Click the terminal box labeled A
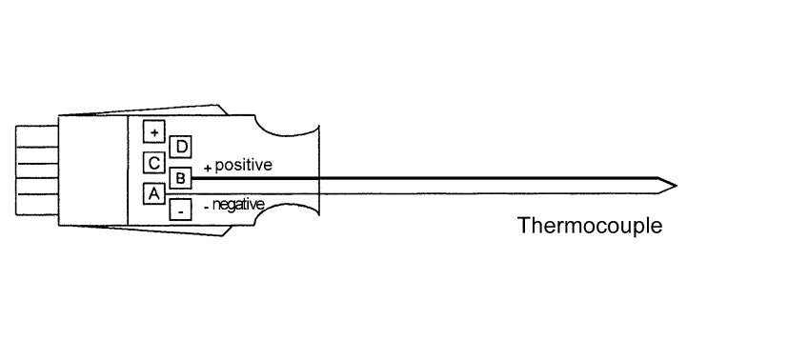(152, 193)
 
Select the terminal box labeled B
(179, 177)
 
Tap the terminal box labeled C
(152, 162)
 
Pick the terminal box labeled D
(179, 146)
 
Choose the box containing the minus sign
(179, 210)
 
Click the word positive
(243, 166)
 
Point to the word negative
(238, 204)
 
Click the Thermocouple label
(589, 227)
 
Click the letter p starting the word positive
(219, 167)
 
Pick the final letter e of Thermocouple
(656, 228)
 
